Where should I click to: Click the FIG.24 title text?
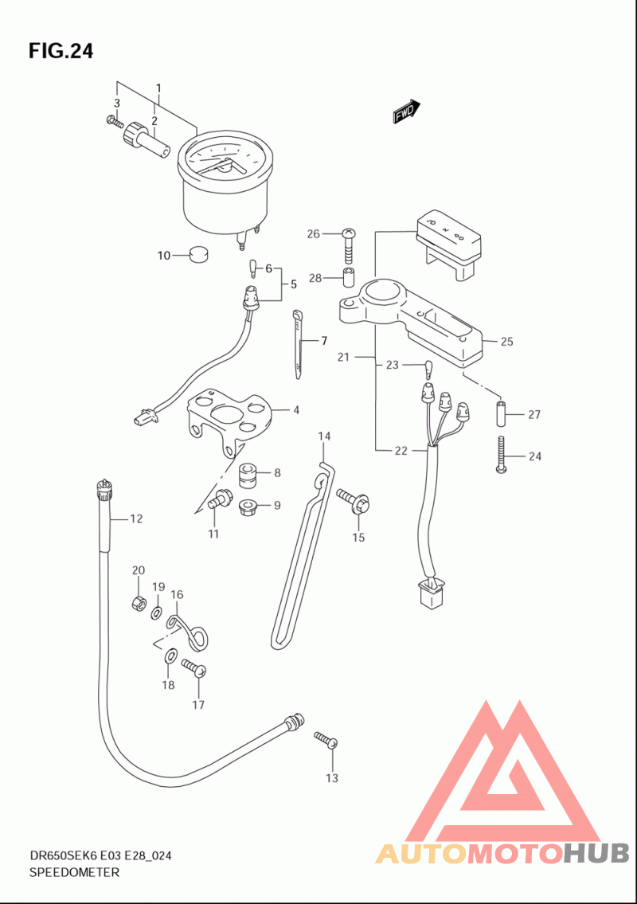pos(61,51)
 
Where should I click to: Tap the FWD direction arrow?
pos(406,111)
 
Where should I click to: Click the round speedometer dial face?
pos(225,159)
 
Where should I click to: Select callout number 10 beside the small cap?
pos(164,255)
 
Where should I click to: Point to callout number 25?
pos(506,342)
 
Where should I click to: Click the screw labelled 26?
pos(349,245)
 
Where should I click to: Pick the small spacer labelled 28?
pos(350,277)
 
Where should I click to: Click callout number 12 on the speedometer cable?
pos(136,519)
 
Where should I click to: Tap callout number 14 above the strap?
pos(325,436)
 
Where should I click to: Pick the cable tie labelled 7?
pos(297,344)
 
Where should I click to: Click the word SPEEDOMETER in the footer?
pos(74,872)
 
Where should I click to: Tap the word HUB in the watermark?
pos(596,853)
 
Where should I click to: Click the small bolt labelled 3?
pos(115,122)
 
